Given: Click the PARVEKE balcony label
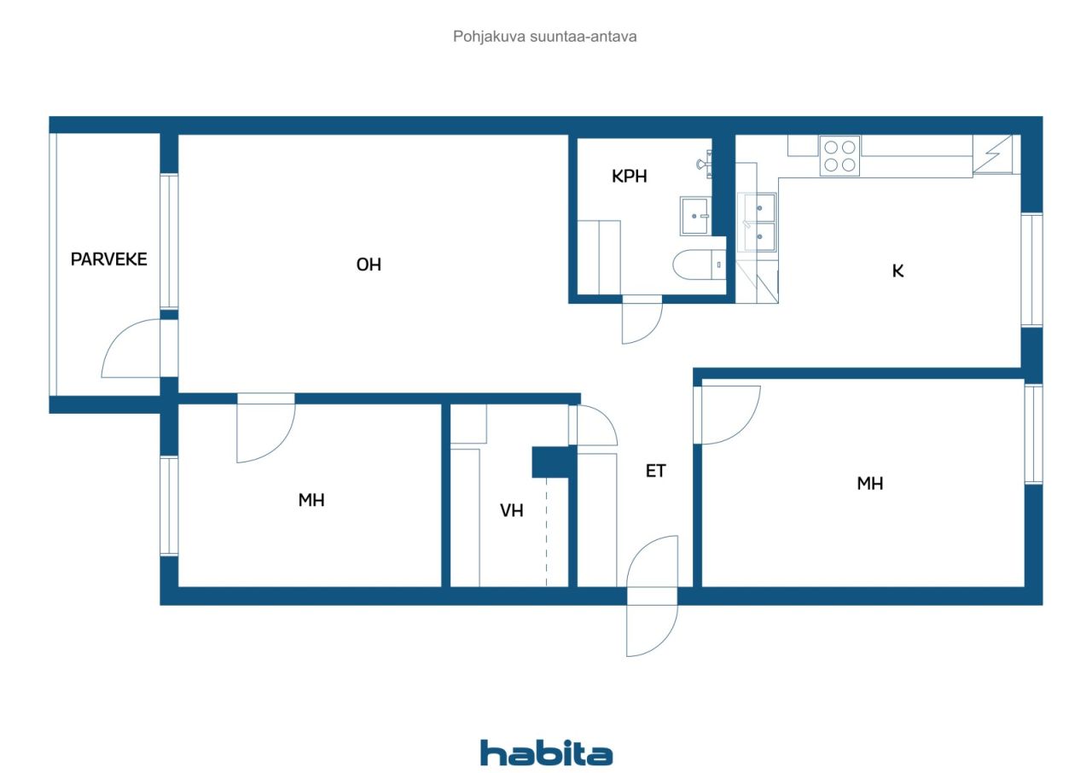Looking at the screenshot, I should pyautogui.click(x=108, y=259).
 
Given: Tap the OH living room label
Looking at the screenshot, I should pyautogui.click(x=369, y=265).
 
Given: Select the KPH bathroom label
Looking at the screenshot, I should pyautogui.click(x=630, y=177).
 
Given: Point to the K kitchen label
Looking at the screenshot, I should pyautogui.click(x=897, y=271).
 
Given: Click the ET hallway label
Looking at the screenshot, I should pyautogui.click(x=655, y=470).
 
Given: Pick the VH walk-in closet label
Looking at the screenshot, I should pyautogui.click(x=511, y=511).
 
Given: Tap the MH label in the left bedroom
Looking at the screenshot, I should pyautogui.click(x=311, y=500).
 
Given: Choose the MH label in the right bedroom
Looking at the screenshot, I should pyautogui.click(x=870, y=484).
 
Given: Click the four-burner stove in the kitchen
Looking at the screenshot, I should pyautogui.click(x=839, y=156).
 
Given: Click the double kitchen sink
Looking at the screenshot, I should pyautogui.click(x=758, y=223).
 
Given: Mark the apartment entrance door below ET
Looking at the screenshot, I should pyautogui.click(x=652, y=596).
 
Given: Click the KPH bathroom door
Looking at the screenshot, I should pyautogui.click(x=642, y=319).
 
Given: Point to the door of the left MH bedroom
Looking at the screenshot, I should pyautogui.click(x=265, y=429).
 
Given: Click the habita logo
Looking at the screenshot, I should pyautogui.click(x=546, y=753).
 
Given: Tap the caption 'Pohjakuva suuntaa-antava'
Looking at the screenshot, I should pyautogui.click(x=545, y=37).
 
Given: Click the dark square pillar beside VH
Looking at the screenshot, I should pyautogui.click(x=549, y=462).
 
